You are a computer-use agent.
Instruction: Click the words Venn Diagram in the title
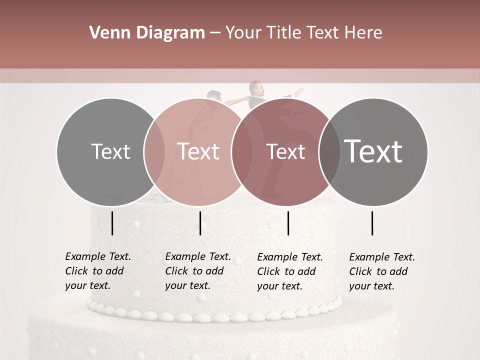tap(147, 33)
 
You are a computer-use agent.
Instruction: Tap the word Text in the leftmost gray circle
tap(110, 151)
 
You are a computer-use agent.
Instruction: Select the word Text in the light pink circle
tap(198, 151)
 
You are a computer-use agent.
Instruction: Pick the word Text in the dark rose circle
tap(285, 151)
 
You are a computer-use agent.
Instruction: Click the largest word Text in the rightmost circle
tap(373, 151)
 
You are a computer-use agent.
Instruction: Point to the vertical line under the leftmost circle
tap(112, 223)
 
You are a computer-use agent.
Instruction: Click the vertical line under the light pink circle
tap(200, 223)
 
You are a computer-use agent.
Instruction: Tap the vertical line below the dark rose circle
tap(288, 223)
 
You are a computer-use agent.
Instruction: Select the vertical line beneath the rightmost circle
tap(372, 223)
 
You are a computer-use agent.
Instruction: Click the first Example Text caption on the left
tap(98, 271)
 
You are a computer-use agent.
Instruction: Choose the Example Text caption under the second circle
tap(198, 271)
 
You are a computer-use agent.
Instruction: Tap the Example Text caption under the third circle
tap(290, 271)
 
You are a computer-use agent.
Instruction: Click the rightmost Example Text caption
tap(382, 271)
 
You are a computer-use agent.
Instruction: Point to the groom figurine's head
tap(256, 88)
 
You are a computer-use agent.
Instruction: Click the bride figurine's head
tap(214, 95)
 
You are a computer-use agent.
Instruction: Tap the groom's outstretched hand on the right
tap(300, 91)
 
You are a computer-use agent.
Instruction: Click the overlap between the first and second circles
tap(154, 151)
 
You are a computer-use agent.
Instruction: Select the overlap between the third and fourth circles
tap(330, 151)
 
